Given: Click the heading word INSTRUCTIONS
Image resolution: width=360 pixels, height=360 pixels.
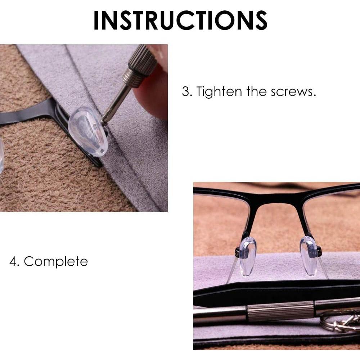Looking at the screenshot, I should (180, 21).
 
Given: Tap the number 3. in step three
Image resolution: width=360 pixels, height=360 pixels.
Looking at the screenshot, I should (187, 91).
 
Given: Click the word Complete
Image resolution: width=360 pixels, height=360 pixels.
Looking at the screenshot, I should (56, 261).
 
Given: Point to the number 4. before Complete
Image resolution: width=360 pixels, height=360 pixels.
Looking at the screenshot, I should (15, 261).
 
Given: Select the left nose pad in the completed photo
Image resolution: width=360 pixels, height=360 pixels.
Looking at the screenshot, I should (248, 256).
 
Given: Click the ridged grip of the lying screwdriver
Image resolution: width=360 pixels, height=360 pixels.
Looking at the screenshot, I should (281, 312).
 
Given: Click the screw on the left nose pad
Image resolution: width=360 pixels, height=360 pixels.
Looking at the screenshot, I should (237, 251).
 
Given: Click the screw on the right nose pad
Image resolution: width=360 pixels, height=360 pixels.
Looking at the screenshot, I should (319, 251).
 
